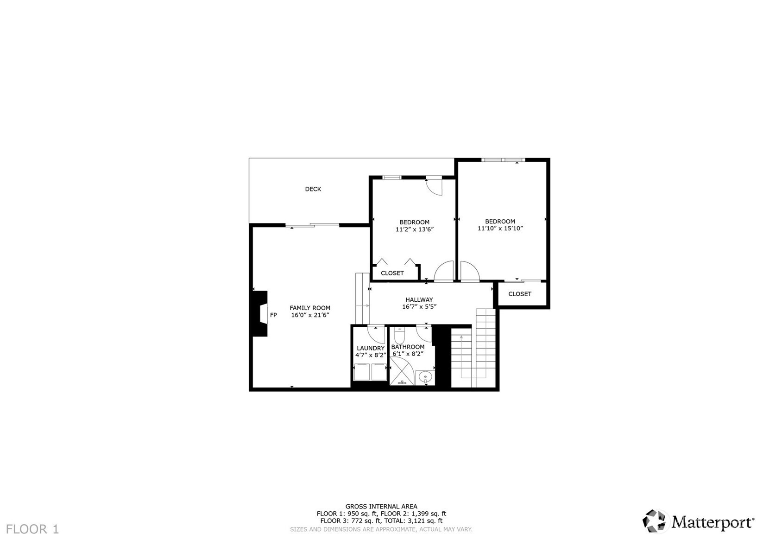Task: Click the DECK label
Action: pyautogui.click(x=313, y=189)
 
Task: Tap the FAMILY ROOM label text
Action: pyautogui.click(x=310, y=308)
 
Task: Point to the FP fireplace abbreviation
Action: pyautogui.click(x=273, y=315)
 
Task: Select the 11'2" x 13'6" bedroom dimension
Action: pyautogui.click(x=414, y=229)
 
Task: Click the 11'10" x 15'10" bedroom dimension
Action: pyautogui.click(x=500, y=228)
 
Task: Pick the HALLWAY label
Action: pyautogui.click(x=419, y=300)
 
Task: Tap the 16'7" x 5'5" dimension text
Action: pyautogui.click(x=419, y=306)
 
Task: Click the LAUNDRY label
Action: pyautogui.click(x=370, y=348)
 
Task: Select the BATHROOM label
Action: pyautogui.click(x=408, y=347)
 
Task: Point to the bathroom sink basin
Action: pyautogui.click(x=425, y=377)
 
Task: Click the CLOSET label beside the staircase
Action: pyautogui.click(x=519, y=294)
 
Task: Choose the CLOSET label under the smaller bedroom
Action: pyautogui.click(x=392, y=273)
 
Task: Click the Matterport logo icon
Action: pyautogui.click(x=655, y=521)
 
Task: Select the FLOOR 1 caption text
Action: pyautogui.click(x=32, y=529)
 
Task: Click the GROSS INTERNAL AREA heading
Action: pyautogui.click(x=381, y=507)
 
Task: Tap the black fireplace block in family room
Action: pyautogui.click(x=259, y=313)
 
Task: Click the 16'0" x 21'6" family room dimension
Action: pyautogui.click(x=310, y=315)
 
